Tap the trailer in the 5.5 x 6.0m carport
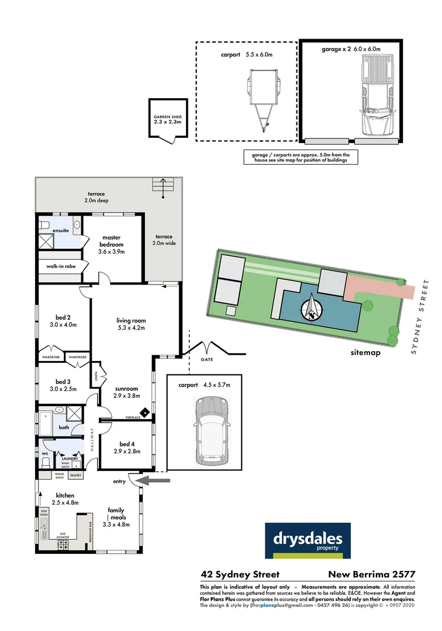(x=259, y=96)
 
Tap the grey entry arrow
(x=157, y=480)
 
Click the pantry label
(x=75, y=476)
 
